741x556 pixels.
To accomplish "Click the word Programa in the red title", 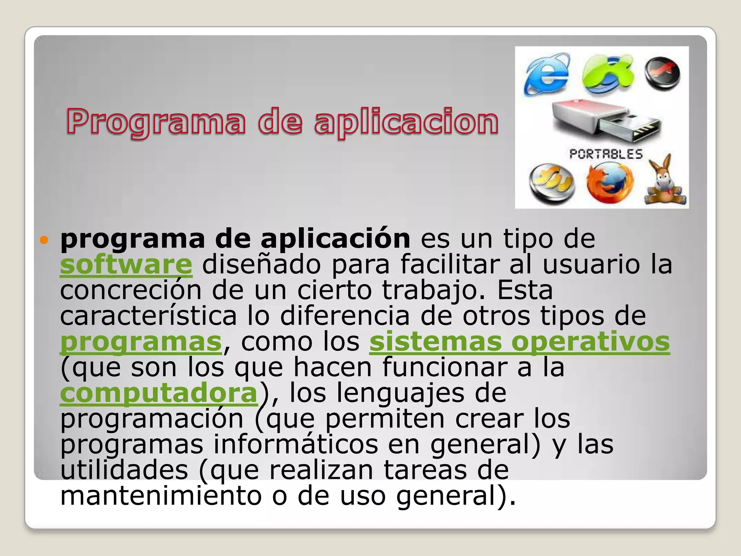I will pyautogui.click(x=156, y=122).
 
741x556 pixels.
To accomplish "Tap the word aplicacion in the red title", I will pyautogui.click(x=406, y=122).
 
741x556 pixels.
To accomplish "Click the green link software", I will pyautogui.click(x=126, y=265).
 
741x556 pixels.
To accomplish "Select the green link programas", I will pyautogui.click(x=141, y=342).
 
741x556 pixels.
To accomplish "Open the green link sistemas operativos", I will pyautogui.click(x=520, y=342).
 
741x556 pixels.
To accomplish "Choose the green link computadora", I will pyautogui.click(x=158, y=393).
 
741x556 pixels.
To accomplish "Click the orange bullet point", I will pyautogui.click(x=44, y=240).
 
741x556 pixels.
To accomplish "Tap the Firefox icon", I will pyautogui.click(x=610, y=183).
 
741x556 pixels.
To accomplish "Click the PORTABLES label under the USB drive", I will pyautogui.click(x=606, y=154).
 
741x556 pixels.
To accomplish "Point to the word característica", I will pyautogui.click(x=148, y=316).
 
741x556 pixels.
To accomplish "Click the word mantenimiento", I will pyautogui.click(x=161, y=496).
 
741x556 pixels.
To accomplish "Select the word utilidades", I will pyautogui.click(x=124, y=470).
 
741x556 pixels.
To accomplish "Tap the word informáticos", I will pyautogui.click(x=296, y=445).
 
